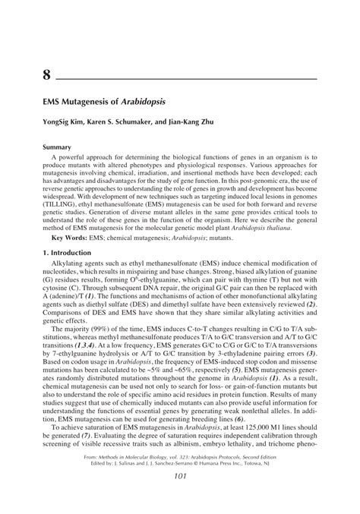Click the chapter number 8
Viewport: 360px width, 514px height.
(47, 75)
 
